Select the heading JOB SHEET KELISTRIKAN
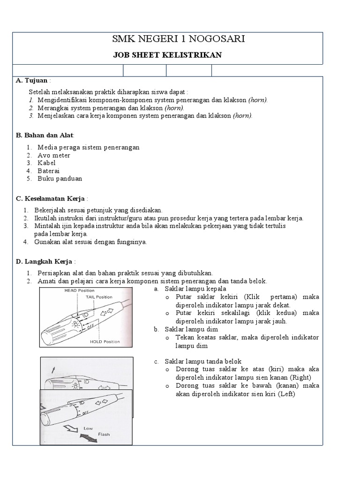167,55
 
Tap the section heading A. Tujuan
32,81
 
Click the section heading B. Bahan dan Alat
45,135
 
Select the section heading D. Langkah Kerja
45,261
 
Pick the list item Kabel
46,163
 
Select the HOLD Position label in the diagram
105,342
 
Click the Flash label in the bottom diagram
104,435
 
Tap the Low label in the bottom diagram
88,428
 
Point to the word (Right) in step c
300,377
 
